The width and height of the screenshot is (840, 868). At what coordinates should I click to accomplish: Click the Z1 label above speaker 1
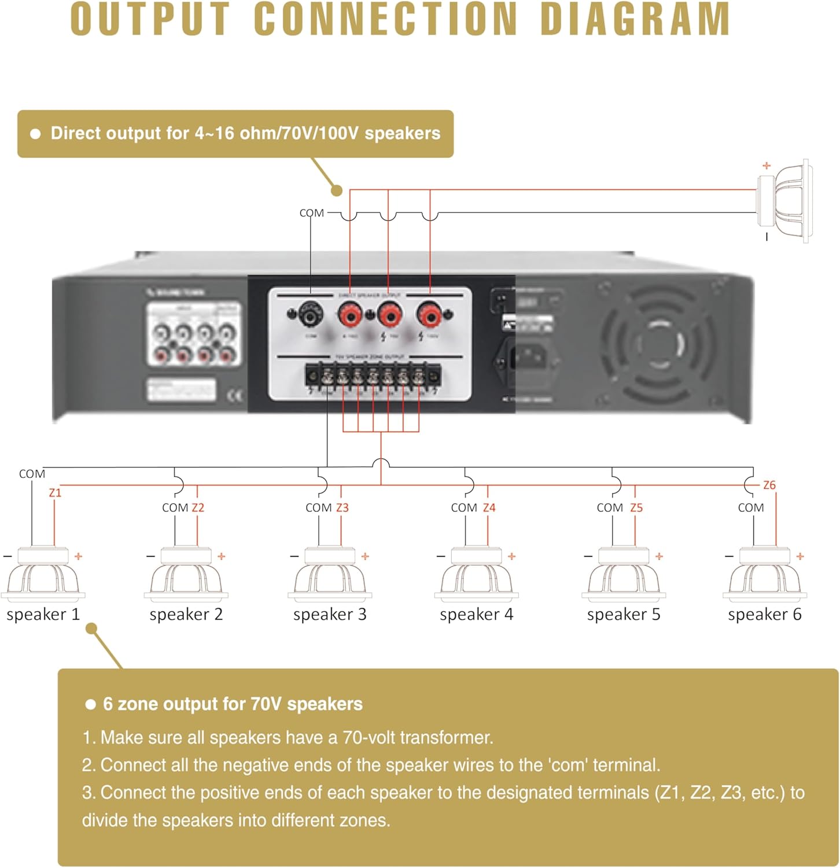pyautogui.click(x=55, y=492)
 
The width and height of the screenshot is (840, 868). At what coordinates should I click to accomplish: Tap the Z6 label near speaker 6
pyautogui.click(x=769, y=485)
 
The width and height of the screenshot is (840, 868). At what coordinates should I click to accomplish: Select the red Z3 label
pyautogui.click(x=342, y=507)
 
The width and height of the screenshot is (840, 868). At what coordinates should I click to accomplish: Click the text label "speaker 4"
pyautogui.click(x=476, y=614)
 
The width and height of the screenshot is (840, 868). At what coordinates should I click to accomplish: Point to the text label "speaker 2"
pyautogui.click(x=186, y=614)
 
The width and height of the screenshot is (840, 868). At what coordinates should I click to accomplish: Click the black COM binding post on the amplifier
pyautogui.click(x=311, y=315)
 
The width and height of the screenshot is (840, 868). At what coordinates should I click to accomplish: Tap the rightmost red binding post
pyautogui.click(x=430, y=315)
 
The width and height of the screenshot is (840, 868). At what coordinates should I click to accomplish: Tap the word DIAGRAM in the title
pyautogui.click(x=635, y=20)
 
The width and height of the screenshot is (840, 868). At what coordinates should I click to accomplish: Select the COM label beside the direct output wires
pyautogui.click(x=311, y=213)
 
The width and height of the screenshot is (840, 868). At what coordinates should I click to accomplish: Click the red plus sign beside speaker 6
pyautogui.click(x=800, y=556)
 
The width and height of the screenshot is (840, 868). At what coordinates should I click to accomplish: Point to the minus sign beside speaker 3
pyautogui.click(x=294, y=556)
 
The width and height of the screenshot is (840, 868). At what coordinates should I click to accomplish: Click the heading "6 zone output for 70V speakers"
pyautogui.click(x=233, y=704)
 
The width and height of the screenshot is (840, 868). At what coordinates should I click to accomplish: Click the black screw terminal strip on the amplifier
pyautogui.click(x=373, y=377)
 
